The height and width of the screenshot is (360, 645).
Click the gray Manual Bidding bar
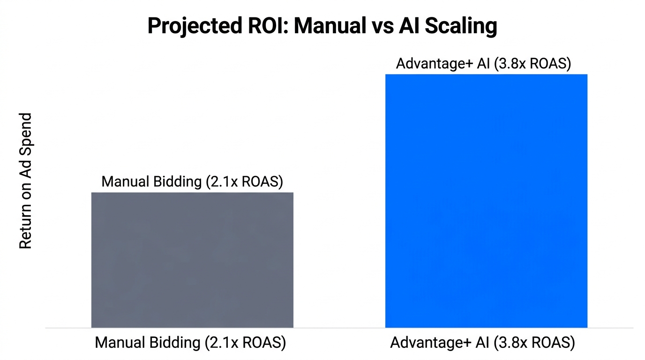point(192,260)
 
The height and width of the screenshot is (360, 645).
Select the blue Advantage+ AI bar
point(486,201)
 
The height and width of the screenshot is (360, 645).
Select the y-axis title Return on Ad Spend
point(25,180)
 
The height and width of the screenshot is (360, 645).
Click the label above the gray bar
point(192,182)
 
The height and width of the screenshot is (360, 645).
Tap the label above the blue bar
point(483,64)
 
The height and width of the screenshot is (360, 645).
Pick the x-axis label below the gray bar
point(190,343)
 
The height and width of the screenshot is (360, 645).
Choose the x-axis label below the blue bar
point(482,343)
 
